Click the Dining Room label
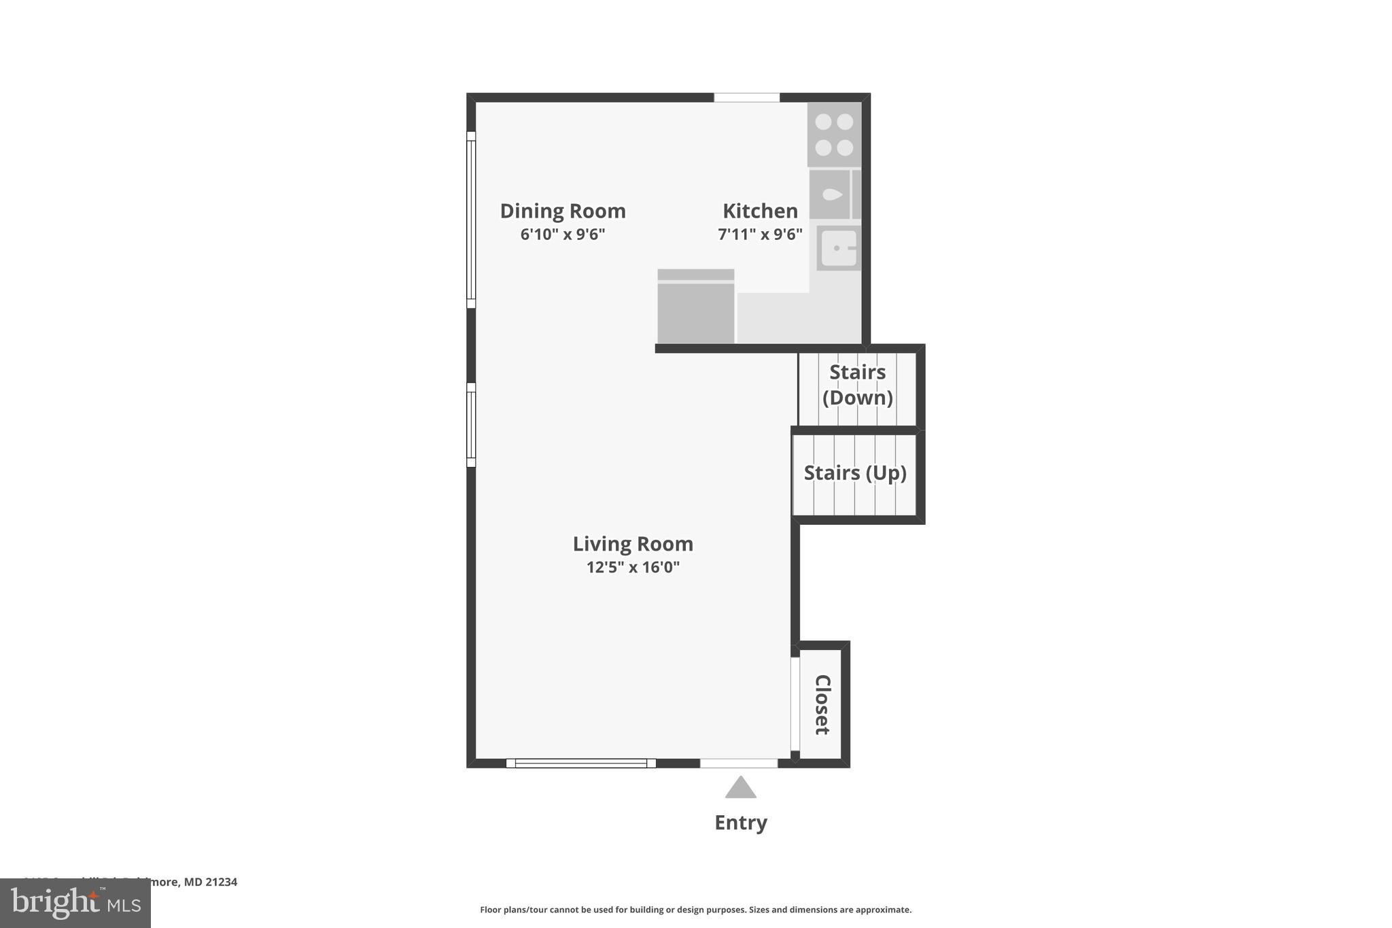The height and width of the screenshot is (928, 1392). tap(563, 211)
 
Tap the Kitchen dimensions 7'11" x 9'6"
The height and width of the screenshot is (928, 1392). tap(760, 235)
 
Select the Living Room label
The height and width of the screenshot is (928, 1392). tap(633, 544)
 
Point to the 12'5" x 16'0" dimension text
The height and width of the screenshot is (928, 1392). tap(633, 567)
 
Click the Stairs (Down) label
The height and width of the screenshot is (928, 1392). tap(857, 385)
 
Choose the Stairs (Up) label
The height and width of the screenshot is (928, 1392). tap(855, 473)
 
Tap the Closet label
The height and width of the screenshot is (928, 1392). tap(822, 704)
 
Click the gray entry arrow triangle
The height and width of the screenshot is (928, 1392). tap(740, 788)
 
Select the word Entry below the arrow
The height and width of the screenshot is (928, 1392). tap(740, 823)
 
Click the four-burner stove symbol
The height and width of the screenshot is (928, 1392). tap(834, 135)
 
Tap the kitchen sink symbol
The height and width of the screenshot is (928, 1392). tap(839, 248)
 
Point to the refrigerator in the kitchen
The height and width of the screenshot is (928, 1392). tap(695, 307)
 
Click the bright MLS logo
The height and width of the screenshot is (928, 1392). tap(75, 903)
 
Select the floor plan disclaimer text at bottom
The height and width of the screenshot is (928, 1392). tap(695, 910)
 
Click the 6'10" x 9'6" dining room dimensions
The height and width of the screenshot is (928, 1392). tap(563, 235)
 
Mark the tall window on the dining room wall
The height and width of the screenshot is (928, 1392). tap(471, 220)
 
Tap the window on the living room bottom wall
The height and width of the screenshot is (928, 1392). tap(580, 763)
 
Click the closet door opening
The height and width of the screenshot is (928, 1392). tap(795, 704)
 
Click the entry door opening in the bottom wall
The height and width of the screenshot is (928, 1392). tap(739, 763)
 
